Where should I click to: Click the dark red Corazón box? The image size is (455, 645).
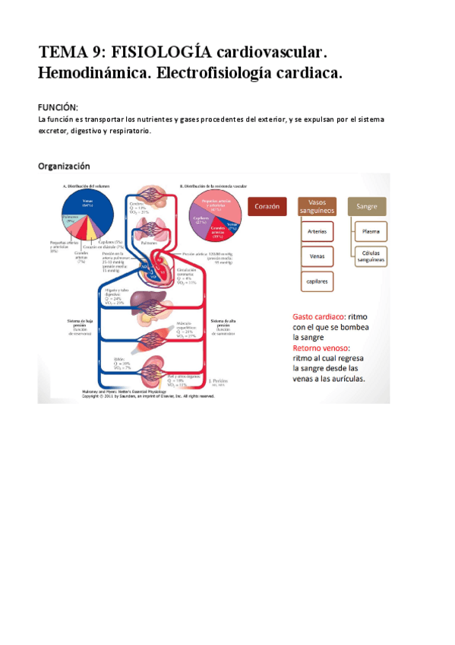pos(267,206)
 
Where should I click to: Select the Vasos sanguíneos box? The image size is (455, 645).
pos(317,206)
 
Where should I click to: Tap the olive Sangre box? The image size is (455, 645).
pos(366,206)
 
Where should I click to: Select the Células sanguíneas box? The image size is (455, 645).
pos(371,256)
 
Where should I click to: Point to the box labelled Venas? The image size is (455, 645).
pos(317,256)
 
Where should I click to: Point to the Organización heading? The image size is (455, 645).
pos(64,166)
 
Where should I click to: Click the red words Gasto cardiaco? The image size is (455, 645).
pos(319,316)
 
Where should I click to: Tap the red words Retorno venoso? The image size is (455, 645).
pos(322,348)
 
